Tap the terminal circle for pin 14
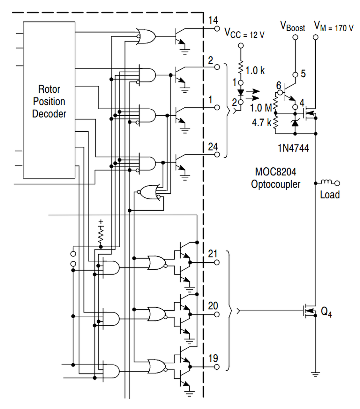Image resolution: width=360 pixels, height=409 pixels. coord(217,28)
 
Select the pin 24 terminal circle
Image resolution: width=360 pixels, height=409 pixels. coord(217,155)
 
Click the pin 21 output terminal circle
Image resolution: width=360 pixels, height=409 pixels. coord(217,262)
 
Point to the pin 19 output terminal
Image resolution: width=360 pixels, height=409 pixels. coord(217,367)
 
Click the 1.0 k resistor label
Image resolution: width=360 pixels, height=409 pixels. coord(255,70)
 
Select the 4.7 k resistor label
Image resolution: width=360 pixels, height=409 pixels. coord(262,122)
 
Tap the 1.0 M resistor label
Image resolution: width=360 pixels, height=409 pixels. coord(261,108)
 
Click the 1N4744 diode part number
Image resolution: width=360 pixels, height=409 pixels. coord(293,148)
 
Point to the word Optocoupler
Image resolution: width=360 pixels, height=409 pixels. coord(276,184)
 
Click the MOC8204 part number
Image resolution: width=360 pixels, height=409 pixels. coord(276,172)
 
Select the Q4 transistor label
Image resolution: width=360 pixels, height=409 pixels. coord(326,312)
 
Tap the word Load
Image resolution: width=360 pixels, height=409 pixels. coord(330,195)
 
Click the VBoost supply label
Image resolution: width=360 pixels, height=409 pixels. coord(293,27)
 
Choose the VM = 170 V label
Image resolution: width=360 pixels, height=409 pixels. coord(334,27)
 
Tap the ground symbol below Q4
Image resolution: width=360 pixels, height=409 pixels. coord(316,374)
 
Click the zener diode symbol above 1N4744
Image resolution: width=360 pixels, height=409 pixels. coord(295,123)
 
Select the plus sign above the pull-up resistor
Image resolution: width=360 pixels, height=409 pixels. coord(101,222)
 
